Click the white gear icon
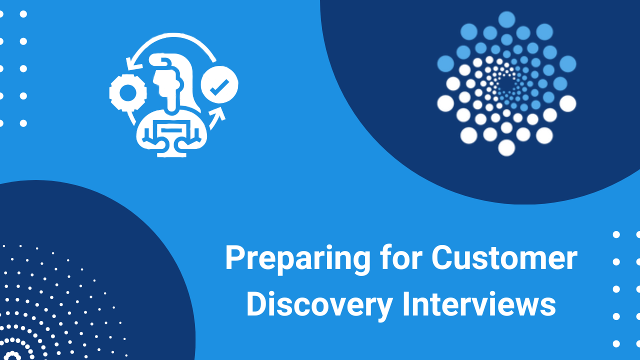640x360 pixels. (128, 92)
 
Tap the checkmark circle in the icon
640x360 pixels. (219, 84)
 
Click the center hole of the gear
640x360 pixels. (128, 93)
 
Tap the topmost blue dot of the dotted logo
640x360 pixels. (507, 19)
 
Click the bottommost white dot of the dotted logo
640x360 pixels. (507, 148)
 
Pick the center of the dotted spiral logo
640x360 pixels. (507, 84)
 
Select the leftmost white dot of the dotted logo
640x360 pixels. (445, 103)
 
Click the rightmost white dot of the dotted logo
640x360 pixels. (567, 103)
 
